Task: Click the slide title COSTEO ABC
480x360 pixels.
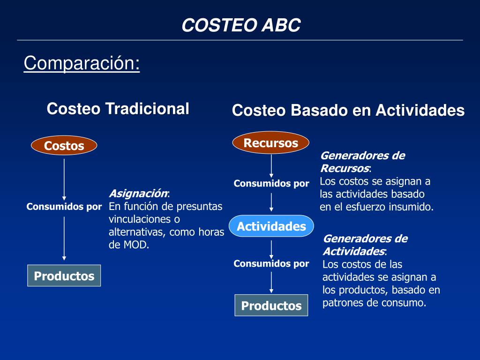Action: [x=241, y=25]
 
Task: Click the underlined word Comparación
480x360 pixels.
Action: [x=82, y=63]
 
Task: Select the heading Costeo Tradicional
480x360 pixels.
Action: [x=118, y=109]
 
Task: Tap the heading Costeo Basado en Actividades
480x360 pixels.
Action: [x=348, y=111]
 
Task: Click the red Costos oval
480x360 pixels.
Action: [x=64, y=146]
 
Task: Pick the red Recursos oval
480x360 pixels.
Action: [x=271, y=143]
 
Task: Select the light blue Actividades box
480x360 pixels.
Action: [x=271, y=226]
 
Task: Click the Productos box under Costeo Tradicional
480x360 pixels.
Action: [x=64, y=276]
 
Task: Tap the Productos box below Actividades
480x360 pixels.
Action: [x=271, y=306]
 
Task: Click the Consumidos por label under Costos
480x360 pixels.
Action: [x=64, y=207]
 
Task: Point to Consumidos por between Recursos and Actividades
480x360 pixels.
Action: [x=271, y=183]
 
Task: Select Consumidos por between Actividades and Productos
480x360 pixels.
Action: [x=271, y=263]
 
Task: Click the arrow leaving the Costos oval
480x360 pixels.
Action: [x=64, y=178]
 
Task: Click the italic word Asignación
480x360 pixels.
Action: [x=138, y=194]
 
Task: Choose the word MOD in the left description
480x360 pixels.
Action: [x=135, y=244]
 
